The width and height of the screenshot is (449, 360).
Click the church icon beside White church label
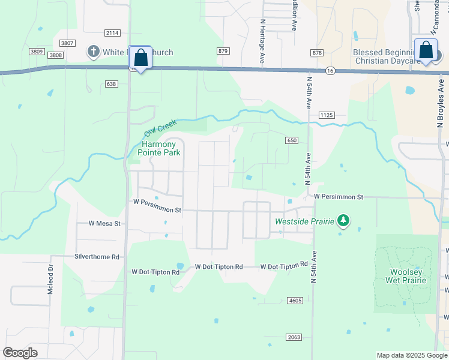coord(94,52)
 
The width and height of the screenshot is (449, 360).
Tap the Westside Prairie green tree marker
coord(343,221)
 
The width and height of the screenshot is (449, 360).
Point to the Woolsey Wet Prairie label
coord(406,276)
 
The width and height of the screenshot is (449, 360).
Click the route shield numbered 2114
coord(112,32)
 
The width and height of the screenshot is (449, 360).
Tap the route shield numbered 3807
coord(67,43)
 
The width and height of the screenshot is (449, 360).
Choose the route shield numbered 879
coord(224,51)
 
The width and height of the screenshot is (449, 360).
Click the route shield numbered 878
coord(318,53)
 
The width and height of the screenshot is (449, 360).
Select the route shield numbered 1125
coord(327,115)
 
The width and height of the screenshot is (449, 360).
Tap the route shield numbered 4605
coord(295,300)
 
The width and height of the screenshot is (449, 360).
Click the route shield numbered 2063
coord(294,337)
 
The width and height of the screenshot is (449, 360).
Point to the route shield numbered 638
coord(110,84)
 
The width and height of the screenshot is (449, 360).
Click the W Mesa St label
coord(105,223)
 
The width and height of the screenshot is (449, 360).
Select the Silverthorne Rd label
coord(97,256)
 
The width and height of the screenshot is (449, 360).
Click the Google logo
coord(20,353)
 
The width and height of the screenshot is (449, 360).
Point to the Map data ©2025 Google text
coord(411,355)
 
